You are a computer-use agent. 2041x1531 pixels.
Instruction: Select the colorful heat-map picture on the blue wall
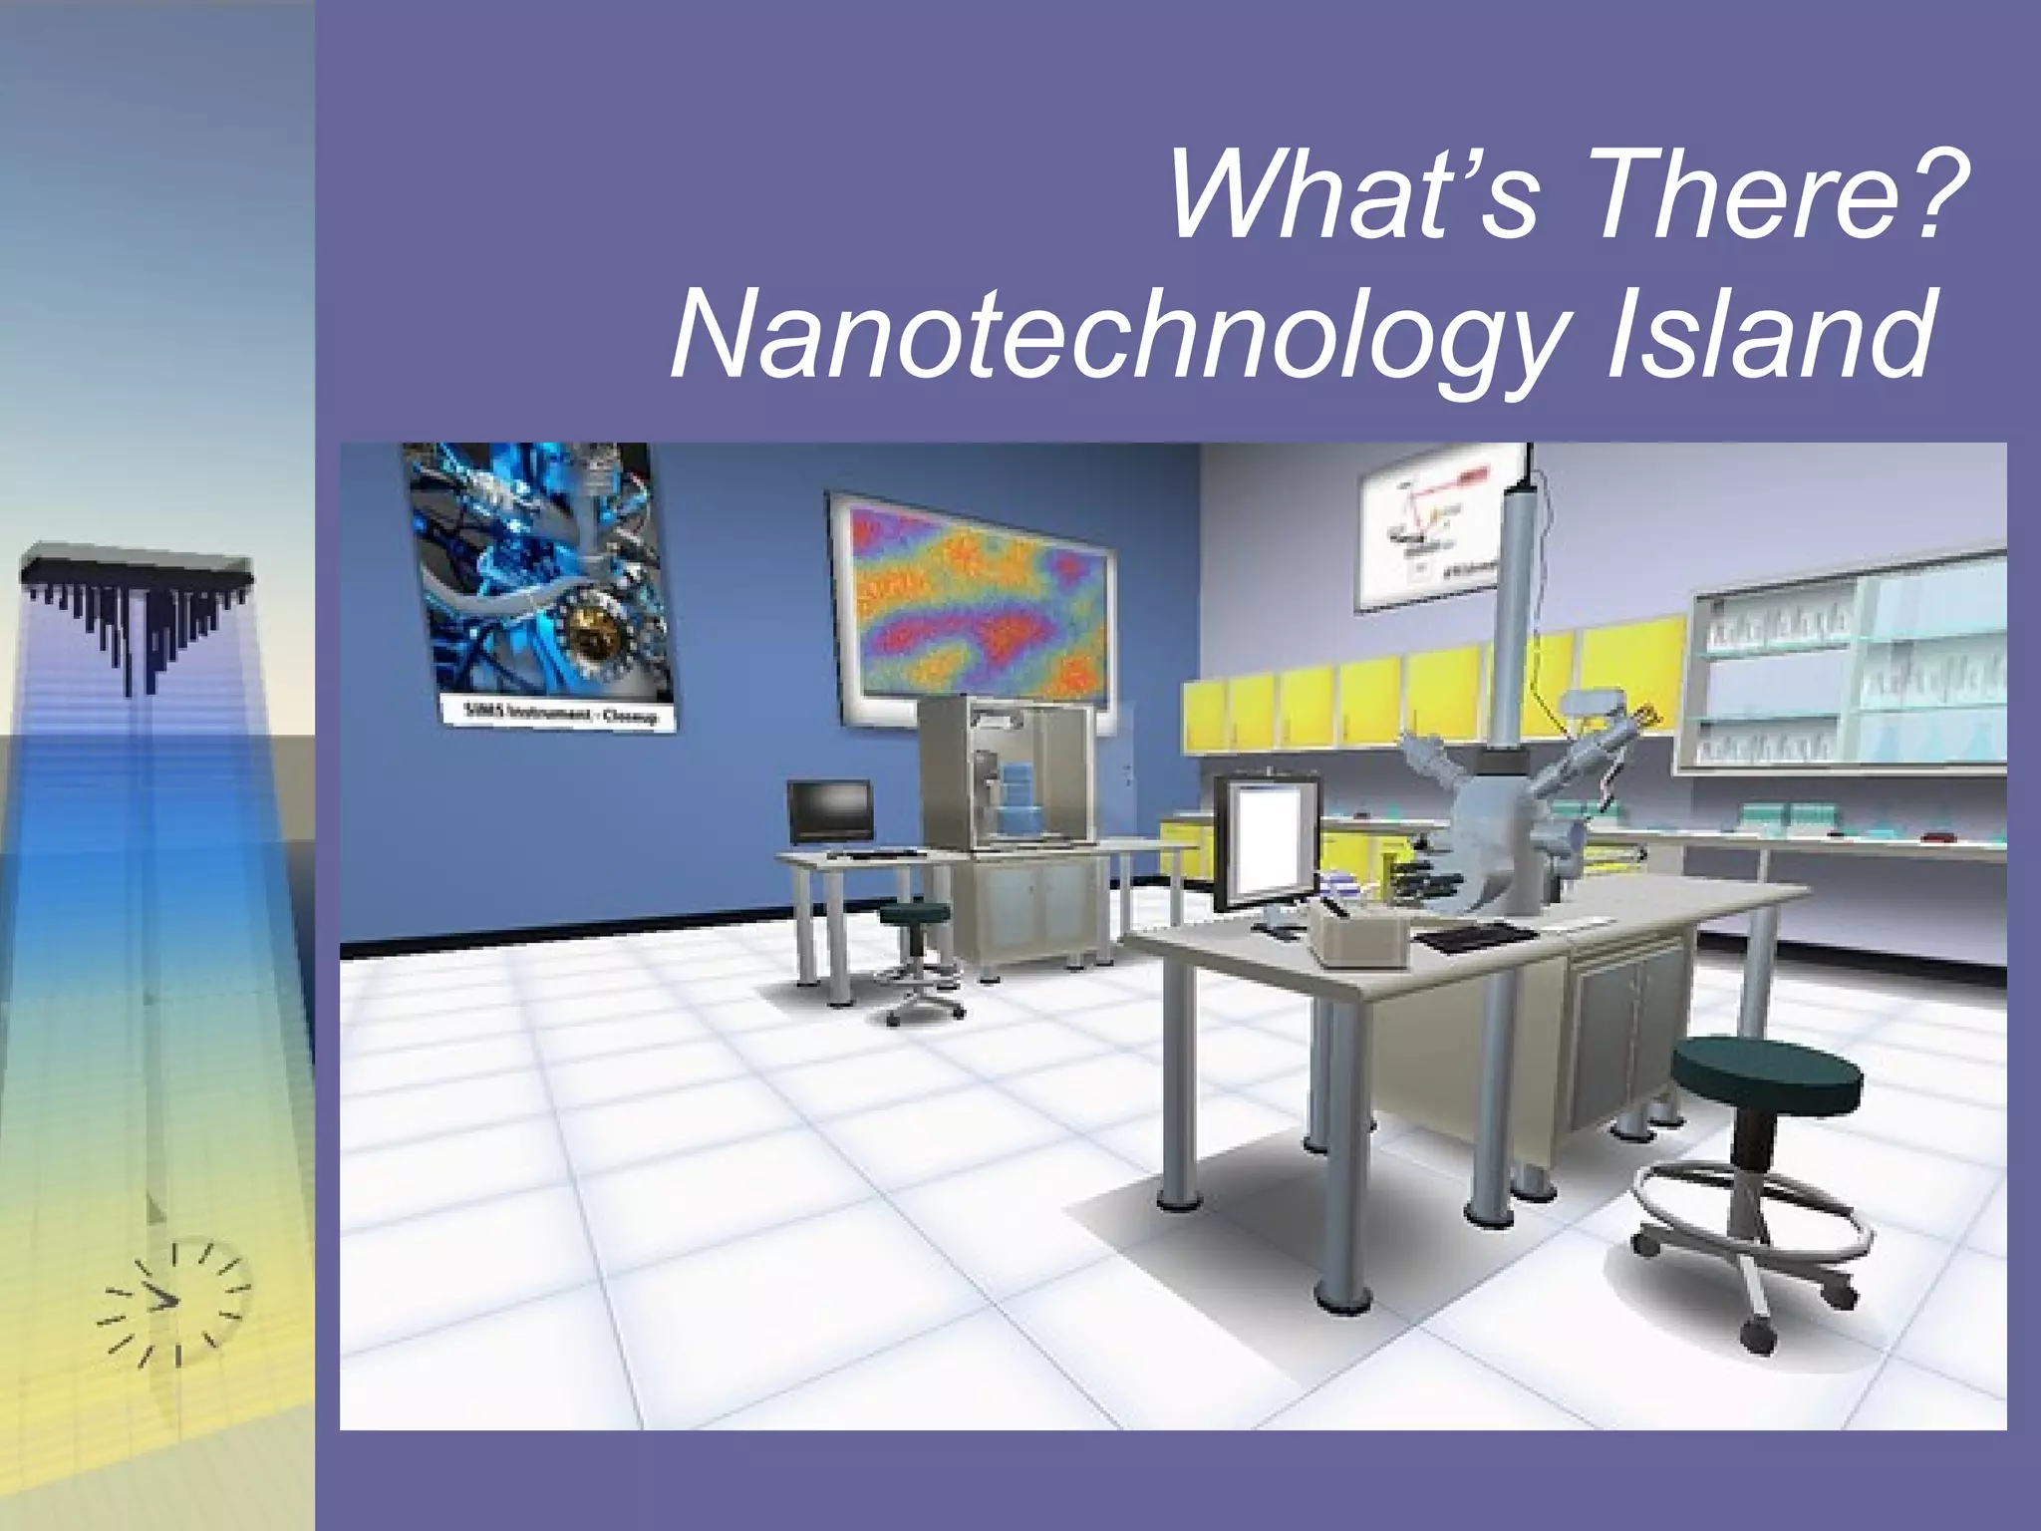coord(972,608)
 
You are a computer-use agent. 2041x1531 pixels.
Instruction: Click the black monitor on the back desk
coord(830,811)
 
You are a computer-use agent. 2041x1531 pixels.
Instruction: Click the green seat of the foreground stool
coord(1765,1072)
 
